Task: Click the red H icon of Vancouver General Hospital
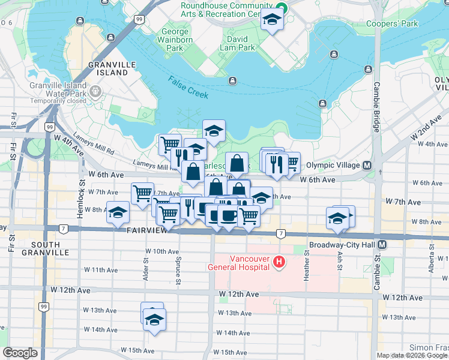(279, 262)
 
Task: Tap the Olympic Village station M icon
(366, 165)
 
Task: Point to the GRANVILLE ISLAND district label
(108, 68)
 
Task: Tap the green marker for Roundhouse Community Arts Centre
(280, 8)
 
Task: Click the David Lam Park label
(243, 43)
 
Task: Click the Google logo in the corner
(20, 353)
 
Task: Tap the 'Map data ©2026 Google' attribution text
(412, 355)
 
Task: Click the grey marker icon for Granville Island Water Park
(96, 92)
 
